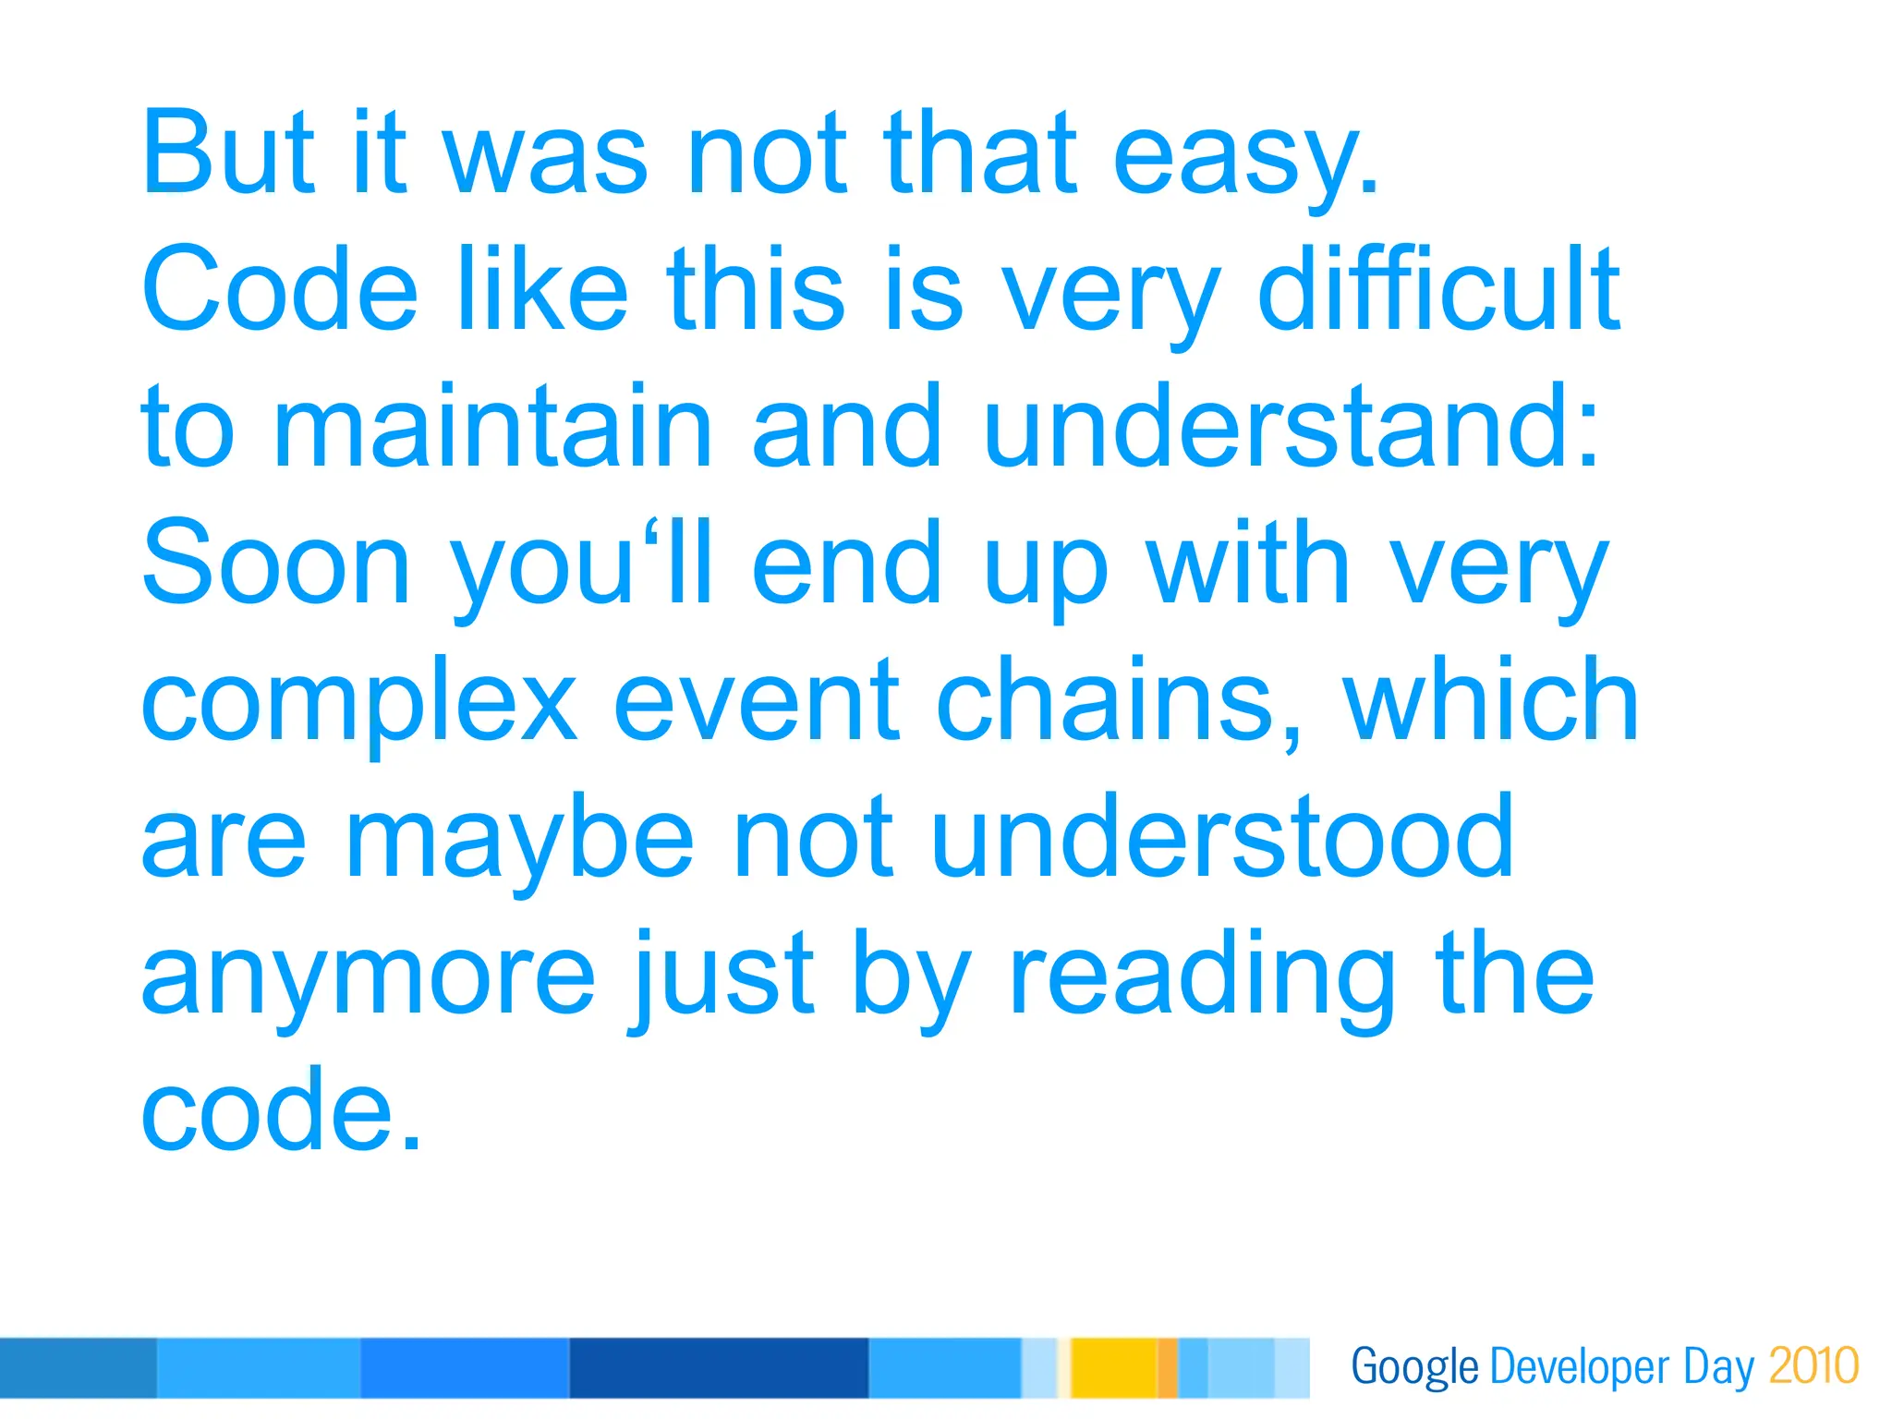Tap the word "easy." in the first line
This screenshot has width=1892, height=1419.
pyautogui.click(x=1246, y=157)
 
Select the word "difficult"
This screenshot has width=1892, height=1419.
pyautogui.click(x=1438, y=289)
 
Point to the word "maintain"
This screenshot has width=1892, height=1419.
pyautogui.click(x=492, y=427)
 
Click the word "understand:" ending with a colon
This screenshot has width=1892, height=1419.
pyautogui.click(x=1291, y=427)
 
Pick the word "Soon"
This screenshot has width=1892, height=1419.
pyautogui.click(x=275, y=564)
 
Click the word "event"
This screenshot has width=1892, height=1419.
pyautogui.click(x=757, y=702)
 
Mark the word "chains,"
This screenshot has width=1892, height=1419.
pyautogui.click(x=1121, y=702)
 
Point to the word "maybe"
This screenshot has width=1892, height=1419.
pyautogui.click(x=518, y=841)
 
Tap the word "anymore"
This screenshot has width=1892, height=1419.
pyautogui.click(x=368, y=977)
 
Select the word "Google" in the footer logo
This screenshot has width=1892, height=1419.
pyautogui.click(x=1414, y=1368)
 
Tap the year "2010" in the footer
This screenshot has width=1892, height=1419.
pyautogui.click(x=1813, y=1366)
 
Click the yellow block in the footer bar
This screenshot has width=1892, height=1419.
pyautogui.click(x=1113, y=1367)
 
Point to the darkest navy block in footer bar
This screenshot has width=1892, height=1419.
pyautogui.click(x=719, y=1367)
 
